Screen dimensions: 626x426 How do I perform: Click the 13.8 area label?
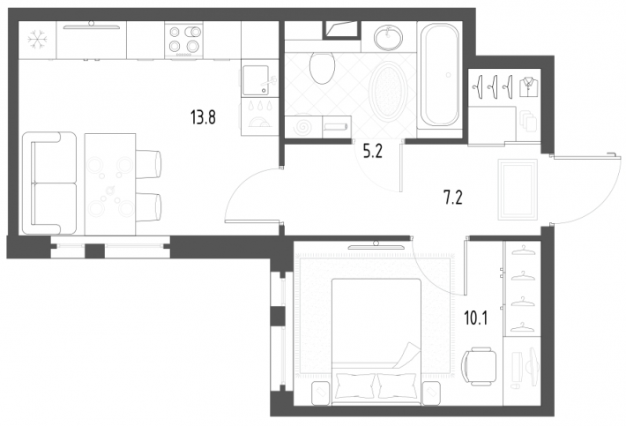tap(203, 118)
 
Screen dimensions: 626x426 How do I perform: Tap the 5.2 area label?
tap(372, 152)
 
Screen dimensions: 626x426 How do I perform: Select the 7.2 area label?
tap(453, 198)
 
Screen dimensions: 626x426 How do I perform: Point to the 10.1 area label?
tap(475, 318)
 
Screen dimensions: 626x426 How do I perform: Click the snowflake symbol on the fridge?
tap(38, 41)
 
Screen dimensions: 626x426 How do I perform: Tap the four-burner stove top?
tap(183, 41)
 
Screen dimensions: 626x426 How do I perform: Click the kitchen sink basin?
tap(256, 80)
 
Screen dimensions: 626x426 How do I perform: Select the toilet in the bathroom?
tap(322, 68)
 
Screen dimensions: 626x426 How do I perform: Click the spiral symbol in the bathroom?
tap(303, 127)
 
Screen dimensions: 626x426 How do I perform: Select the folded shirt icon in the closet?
tap(529, 86)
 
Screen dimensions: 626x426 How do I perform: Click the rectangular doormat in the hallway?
tap(518, 190)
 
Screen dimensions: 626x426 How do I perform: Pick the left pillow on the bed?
tap(355, 385)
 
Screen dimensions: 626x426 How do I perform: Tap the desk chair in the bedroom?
tap(478, 366)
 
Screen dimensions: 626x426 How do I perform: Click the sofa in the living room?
tap(49, 183)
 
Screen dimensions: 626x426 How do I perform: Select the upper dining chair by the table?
tap(148, 164)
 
